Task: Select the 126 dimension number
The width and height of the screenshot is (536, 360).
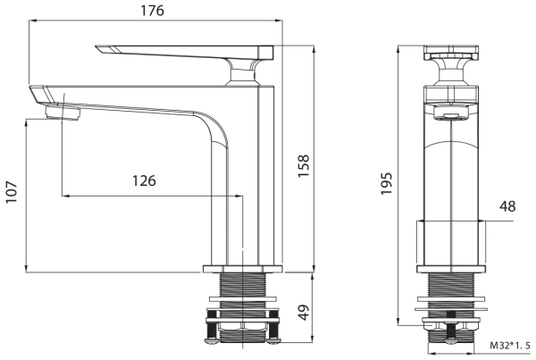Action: (x=145, y=180)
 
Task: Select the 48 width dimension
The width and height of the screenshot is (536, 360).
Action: (x=507, y=206)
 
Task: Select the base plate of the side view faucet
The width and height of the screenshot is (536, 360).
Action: (x=243, y=268)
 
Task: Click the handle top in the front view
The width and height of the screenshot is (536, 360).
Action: (x=453, y=48)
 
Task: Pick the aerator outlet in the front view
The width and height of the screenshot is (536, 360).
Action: (x=453, y=113)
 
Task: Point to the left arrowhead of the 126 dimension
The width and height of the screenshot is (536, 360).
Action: (x=66, y=196)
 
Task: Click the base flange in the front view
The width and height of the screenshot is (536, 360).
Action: (x=454, y=268)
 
